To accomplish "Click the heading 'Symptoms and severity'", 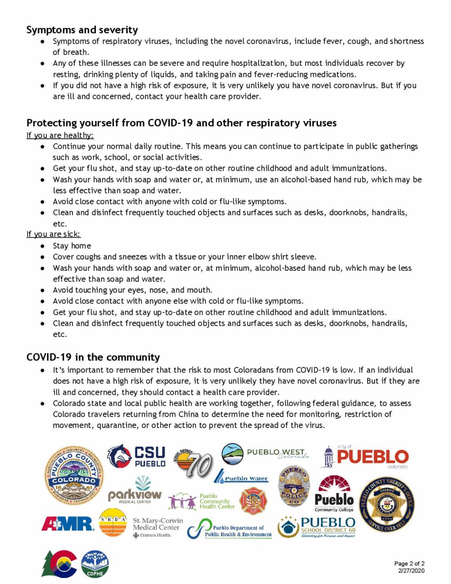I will pyautogui.click(x=82, y=30).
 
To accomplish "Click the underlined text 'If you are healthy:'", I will pyautogui.click(x=60, y=135).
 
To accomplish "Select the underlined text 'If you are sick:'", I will pyautogui.click(x=53, y=234).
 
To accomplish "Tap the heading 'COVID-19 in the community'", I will pyautogui.click(x=93, y=357).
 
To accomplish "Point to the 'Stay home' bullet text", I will pyautogui.click(x=72, y=246).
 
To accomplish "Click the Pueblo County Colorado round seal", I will pyautogui.click(x=74, y=476).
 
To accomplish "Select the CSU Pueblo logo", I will pyautogui.click(x=136, y=456).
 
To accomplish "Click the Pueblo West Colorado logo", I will pyautogui.click(x=265, y=454).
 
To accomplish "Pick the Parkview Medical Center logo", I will pyautogui.click(x=135, y=491).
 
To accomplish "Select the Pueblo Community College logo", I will pyautogui.click(x=334, y=494).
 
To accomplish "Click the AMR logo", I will pyautogui.click(x=68, y=523).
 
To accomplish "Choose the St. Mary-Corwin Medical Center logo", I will pyautogui.click(x=157, y=527).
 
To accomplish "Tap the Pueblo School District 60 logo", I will pyautogui.click(x=316, y=527).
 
